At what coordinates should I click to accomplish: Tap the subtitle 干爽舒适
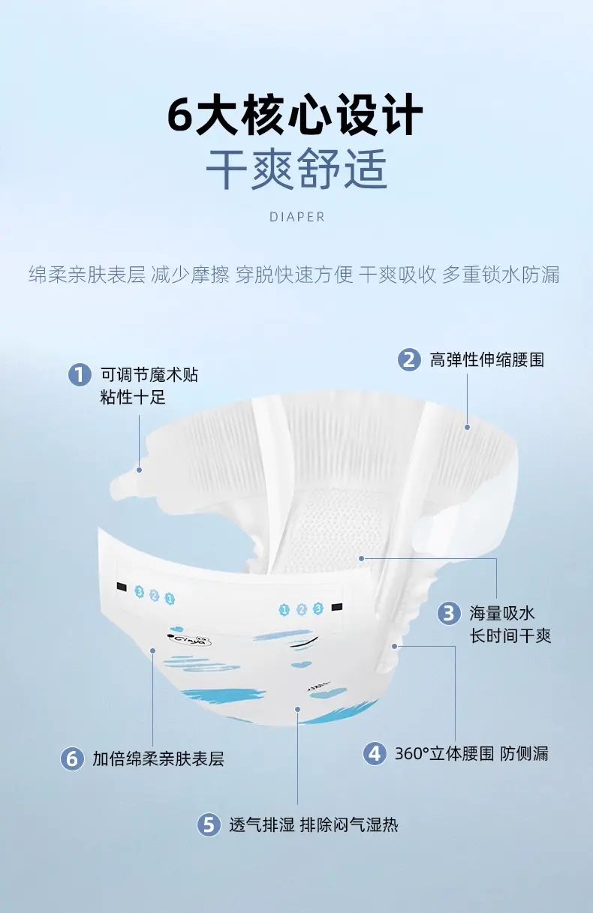point(296,169)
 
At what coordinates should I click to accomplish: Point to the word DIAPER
point(297,217)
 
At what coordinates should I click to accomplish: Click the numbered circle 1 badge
point(80,374)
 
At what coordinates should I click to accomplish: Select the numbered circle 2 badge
point(409,359)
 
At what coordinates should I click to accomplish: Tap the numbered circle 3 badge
point(449,613)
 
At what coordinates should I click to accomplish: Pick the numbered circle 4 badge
point(375,753)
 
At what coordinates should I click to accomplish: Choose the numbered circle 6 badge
point(72,759)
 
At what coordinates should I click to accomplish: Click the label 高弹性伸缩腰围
point(487,360)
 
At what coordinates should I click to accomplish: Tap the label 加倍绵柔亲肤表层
point(158,759)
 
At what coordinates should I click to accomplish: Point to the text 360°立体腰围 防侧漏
point(471,754)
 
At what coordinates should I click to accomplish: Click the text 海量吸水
point(501,613)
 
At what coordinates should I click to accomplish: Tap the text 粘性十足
point(133,397)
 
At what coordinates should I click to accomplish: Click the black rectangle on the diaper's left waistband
point(122,587)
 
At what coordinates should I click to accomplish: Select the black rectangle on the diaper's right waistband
point(337,607)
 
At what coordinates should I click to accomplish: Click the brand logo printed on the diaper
point(190,641)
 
